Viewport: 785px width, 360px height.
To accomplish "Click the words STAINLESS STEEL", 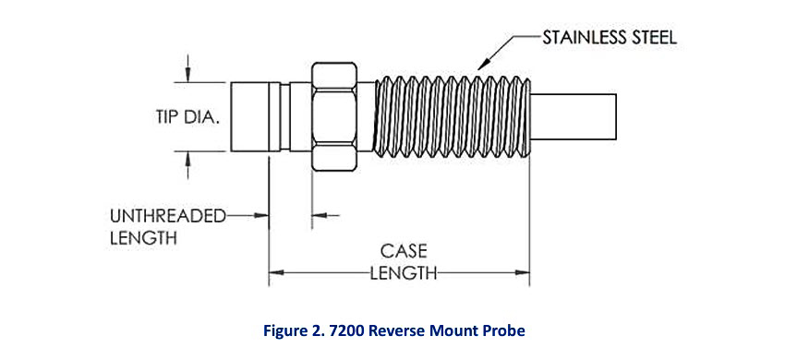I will (x=610, y=38).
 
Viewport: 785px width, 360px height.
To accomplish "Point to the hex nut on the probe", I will (x=334, y=116).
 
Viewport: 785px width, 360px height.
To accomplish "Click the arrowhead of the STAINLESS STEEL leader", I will (x=480, y=68).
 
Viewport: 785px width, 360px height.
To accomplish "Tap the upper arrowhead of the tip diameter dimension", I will (x=188, y=73).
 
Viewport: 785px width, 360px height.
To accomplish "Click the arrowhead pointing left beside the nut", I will (x=319, y=217).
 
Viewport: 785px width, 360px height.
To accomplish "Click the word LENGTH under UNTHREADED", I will (x=143, y=238).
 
